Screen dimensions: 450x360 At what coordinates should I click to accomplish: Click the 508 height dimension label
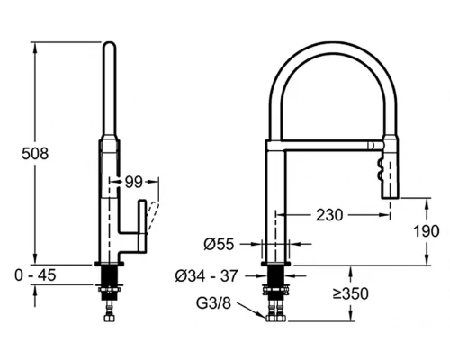pos(35,154)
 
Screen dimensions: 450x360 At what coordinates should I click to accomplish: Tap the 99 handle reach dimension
pos(133,182)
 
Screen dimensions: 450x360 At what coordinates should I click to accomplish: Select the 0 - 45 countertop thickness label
pos(35,275)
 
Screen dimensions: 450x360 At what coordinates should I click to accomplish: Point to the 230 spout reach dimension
pos(329,215)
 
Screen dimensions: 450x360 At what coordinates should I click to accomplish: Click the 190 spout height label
pos(427,231)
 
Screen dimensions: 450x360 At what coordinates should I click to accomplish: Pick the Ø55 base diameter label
pos(219,244)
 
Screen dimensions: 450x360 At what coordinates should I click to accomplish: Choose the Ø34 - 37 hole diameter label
pos(207,275)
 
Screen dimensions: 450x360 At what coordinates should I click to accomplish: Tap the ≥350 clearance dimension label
pos(351,293)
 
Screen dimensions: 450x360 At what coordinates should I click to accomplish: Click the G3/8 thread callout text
pos(213,303)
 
